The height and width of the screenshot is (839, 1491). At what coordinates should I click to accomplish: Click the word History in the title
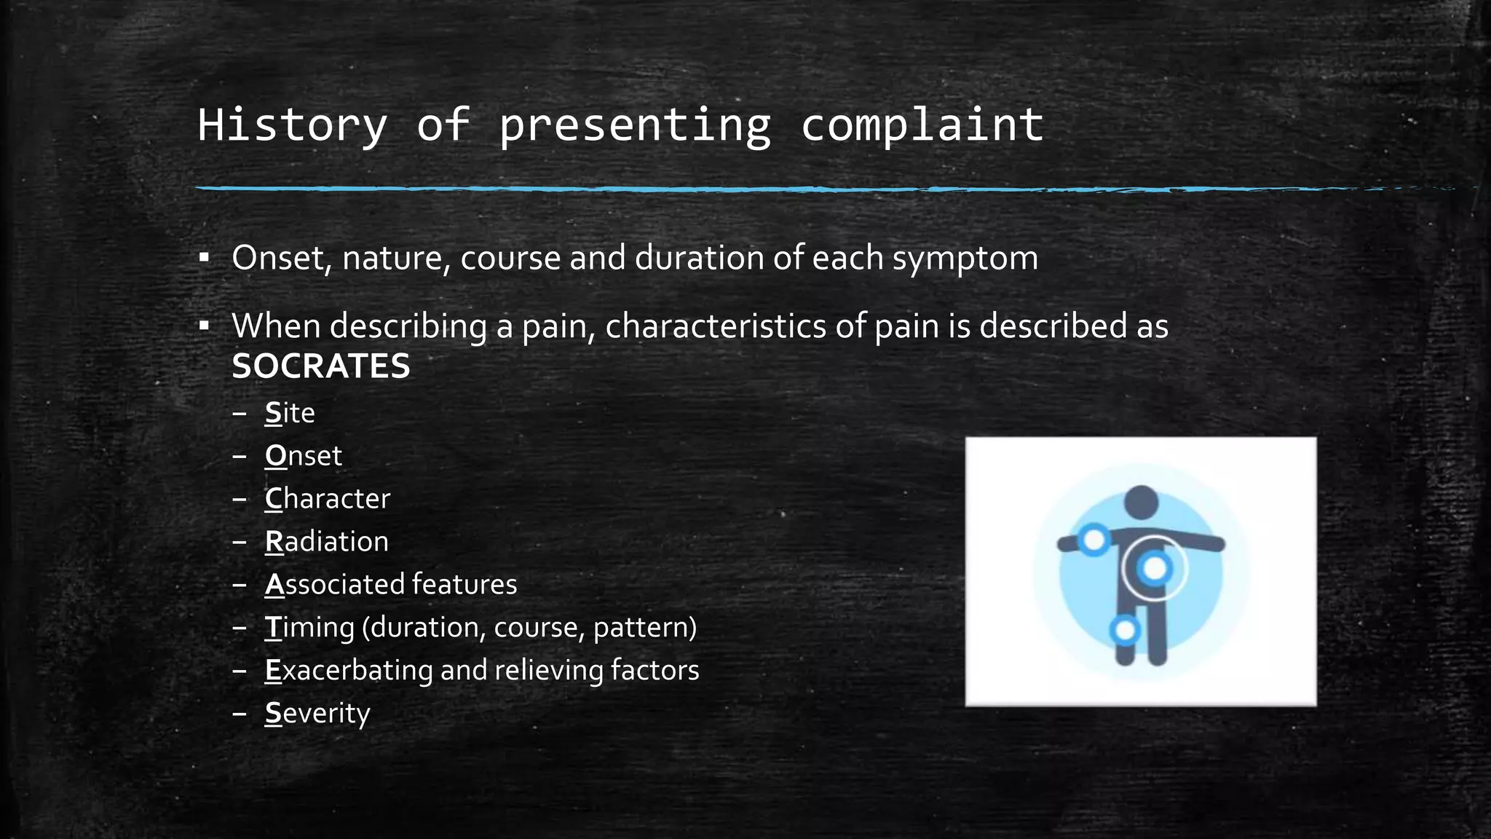[292, 125]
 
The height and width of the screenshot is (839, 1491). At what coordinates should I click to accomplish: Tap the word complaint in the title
[922, 125]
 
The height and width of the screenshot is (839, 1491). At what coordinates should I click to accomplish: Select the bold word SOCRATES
[321, 366]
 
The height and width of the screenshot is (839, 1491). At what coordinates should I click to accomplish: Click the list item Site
[290, 413]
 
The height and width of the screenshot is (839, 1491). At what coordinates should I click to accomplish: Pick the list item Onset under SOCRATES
[303, 456]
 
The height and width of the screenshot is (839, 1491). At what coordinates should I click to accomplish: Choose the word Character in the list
[328, 499]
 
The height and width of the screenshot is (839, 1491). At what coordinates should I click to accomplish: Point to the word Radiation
[326, 542]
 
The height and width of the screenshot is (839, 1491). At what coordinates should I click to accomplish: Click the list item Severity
[317, 713]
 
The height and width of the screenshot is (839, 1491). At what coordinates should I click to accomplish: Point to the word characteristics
[715, 326]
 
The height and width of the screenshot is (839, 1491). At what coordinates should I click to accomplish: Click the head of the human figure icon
[1141, 503]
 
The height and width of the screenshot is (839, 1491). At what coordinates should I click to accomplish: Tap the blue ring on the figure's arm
[1093, 540]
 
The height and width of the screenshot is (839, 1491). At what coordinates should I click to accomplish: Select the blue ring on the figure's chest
[1155, 568]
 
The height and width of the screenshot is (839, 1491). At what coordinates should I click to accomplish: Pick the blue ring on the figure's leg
[1125, 630]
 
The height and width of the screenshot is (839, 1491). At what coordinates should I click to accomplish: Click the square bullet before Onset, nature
[205, 258]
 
